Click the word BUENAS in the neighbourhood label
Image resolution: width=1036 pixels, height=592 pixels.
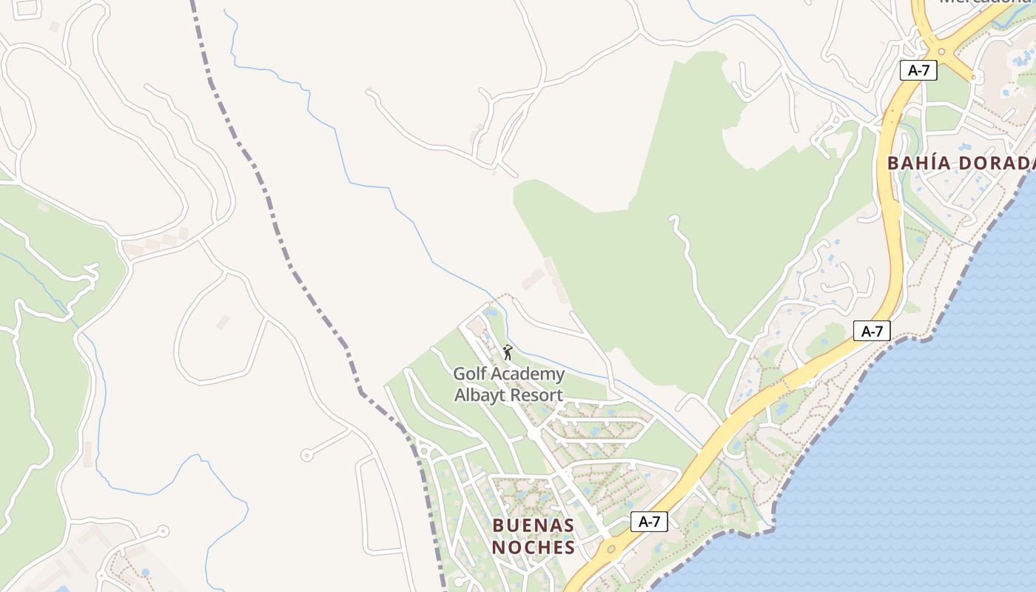click(x=533, y=525)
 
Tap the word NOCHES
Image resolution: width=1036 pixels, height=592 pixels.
click(x=533, y=548)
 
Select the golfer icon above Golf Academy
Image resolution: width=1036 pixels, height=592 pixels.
click(x=507, y=352)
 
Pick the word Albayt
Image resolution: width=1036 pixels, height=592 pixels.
click(x=480, y=395)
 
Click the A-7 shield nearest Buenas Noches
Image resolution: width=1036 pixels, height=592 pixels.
click(x=649, y=522)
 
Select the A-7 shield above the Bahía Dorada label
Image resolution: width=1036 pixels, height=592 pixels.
click(x=918, y=70)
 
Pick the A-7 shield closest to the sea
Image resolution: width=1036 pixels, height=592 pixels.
click(x=872, y=331)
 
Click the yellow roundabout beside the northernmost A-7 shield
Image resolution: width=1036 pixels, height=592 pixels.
click(x=942, y=52)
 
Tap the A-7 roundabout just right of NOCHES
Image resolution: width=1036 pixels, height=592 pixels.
click(x=611, y=550)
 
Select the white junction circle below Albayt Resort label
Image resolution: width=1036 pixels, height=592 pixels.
click(x=533, y=433)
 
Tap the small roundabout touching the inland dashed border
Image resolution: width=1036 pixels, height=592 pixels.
click(x=424, y=450)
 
